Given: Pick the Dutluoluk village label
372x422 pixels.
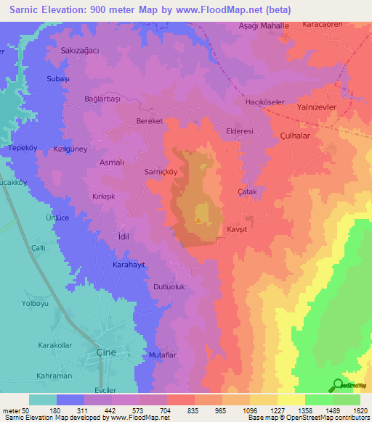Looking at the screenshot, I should click(x=170, y=287).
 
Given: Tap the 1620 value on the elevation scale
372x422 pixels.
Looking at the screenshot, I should click(x=361, y=410).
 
